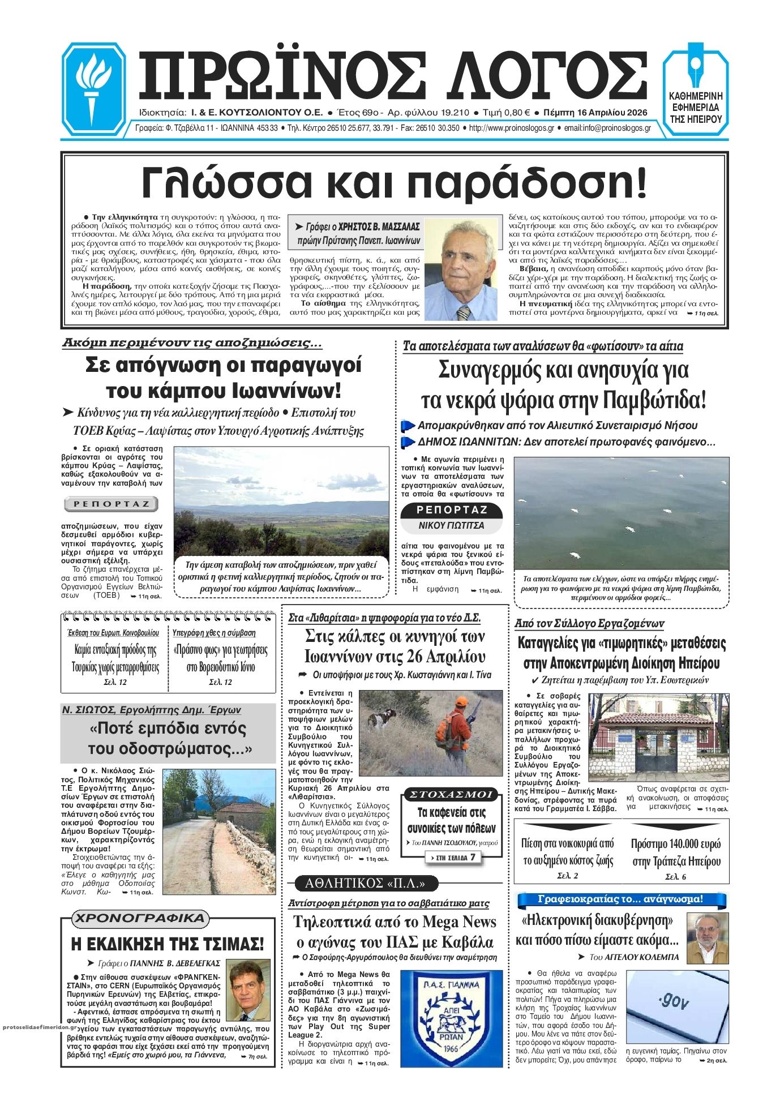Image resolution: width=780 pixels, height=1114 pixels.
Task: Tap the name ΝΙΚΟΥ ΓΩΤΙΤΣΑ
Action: (x=451, y=525)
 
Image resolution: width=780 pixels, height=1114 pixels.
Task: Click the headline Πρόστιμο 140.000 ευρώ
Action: (x=676, y=852)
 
